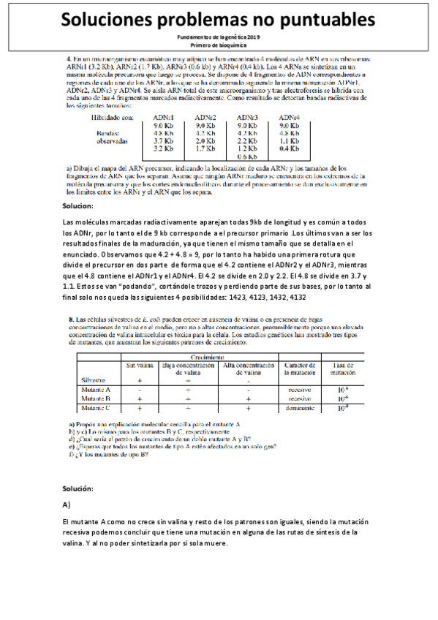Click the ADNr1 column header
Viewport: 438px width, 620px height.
pos(163,117)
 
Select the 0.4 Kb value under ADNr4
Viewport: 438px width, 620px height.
pos(290,148)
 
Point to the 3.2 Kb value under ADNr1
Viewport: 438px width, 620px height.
pos(162,148)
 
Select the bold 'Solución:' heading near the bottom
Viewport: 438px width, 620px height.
pos(78,488)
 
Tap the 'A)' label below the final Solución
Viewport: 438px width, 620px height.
pos(67,504)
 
